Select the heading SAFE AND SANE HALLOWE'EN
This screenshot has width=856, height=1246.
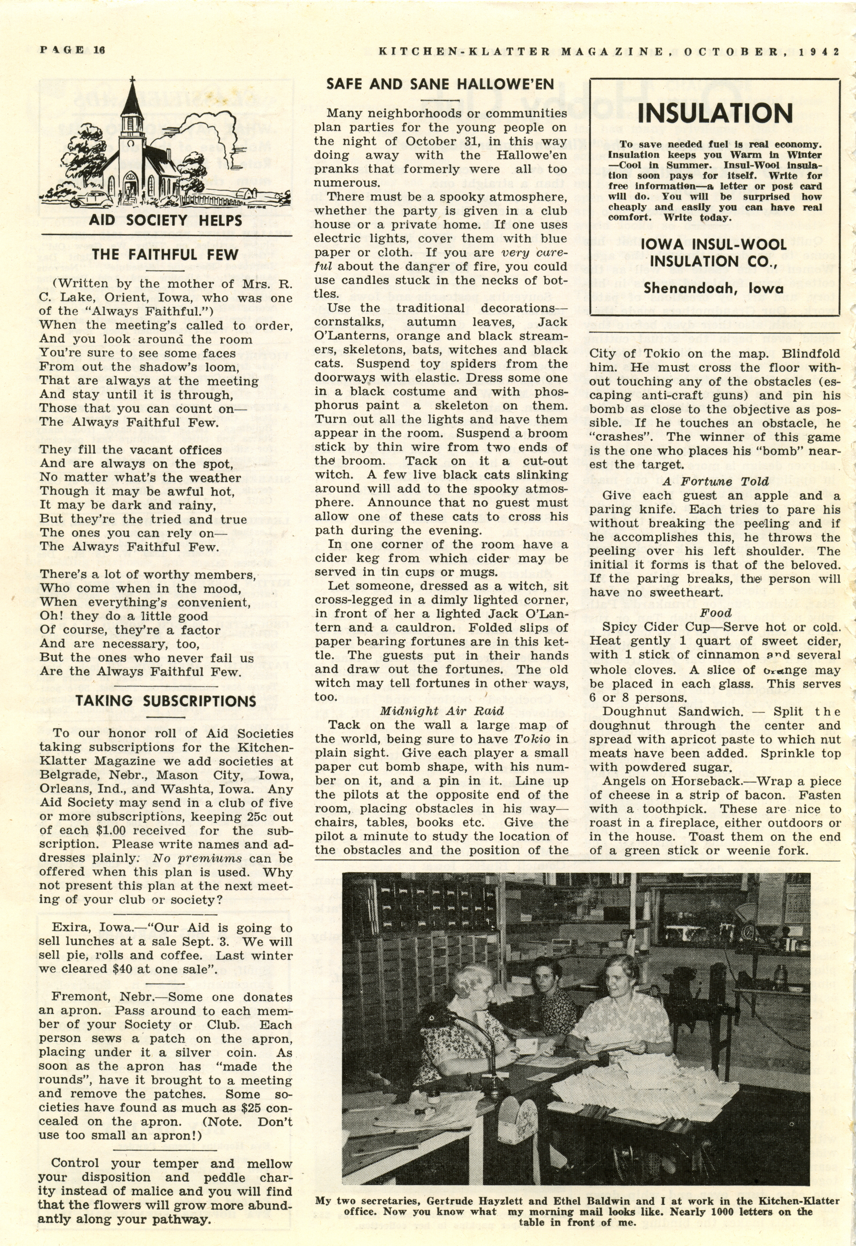pyautogui.click(x=440, y=84)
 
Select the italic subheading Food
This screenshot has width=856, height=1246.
pyautogui.click(x=716, y=613)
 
